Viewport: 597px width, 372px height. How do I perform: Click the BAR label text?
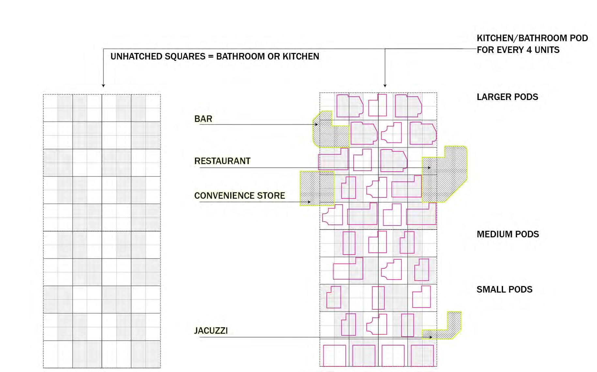(x=203, y=119)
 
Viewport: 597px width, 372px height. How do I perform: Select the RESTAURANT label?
(x=222, y=161)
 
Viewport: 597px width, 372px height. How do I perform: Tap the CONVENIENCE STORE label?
(x=239, y=195)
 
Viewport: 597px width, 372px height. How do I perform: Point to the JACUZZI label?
(x=211, y=330)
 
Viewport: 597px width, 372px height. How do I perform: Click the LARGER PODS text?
(x=507, y=97)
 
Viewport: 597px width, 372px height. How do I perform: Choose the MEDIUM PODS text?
(x=508, y=234)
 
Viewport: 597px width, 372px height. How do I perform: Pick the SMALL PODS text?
(x=504, y=289)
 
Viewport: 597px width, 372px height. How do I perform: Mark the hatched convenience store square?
(x=317, y=188)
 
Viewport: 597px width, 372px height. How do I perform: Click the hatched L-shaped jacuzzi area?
(x=450, y=329)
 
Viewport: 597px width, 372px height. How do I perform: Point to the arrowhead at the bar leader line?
(x=316, y=125)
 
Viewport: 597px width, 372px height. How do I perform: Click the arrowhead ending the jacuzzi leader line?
(x=431, y=337)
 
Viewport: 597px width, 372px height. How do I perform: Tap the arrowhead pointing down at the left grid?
(x=103, y=86)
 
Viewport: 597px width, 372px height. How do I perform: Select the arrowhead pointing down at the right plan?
(x=385, y=86)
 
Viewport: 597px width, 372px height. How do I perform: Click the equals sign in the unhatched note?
(x=210, y=57)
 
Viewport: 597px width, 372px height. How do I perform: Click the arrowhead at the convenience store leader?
(x=309, y=202)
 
